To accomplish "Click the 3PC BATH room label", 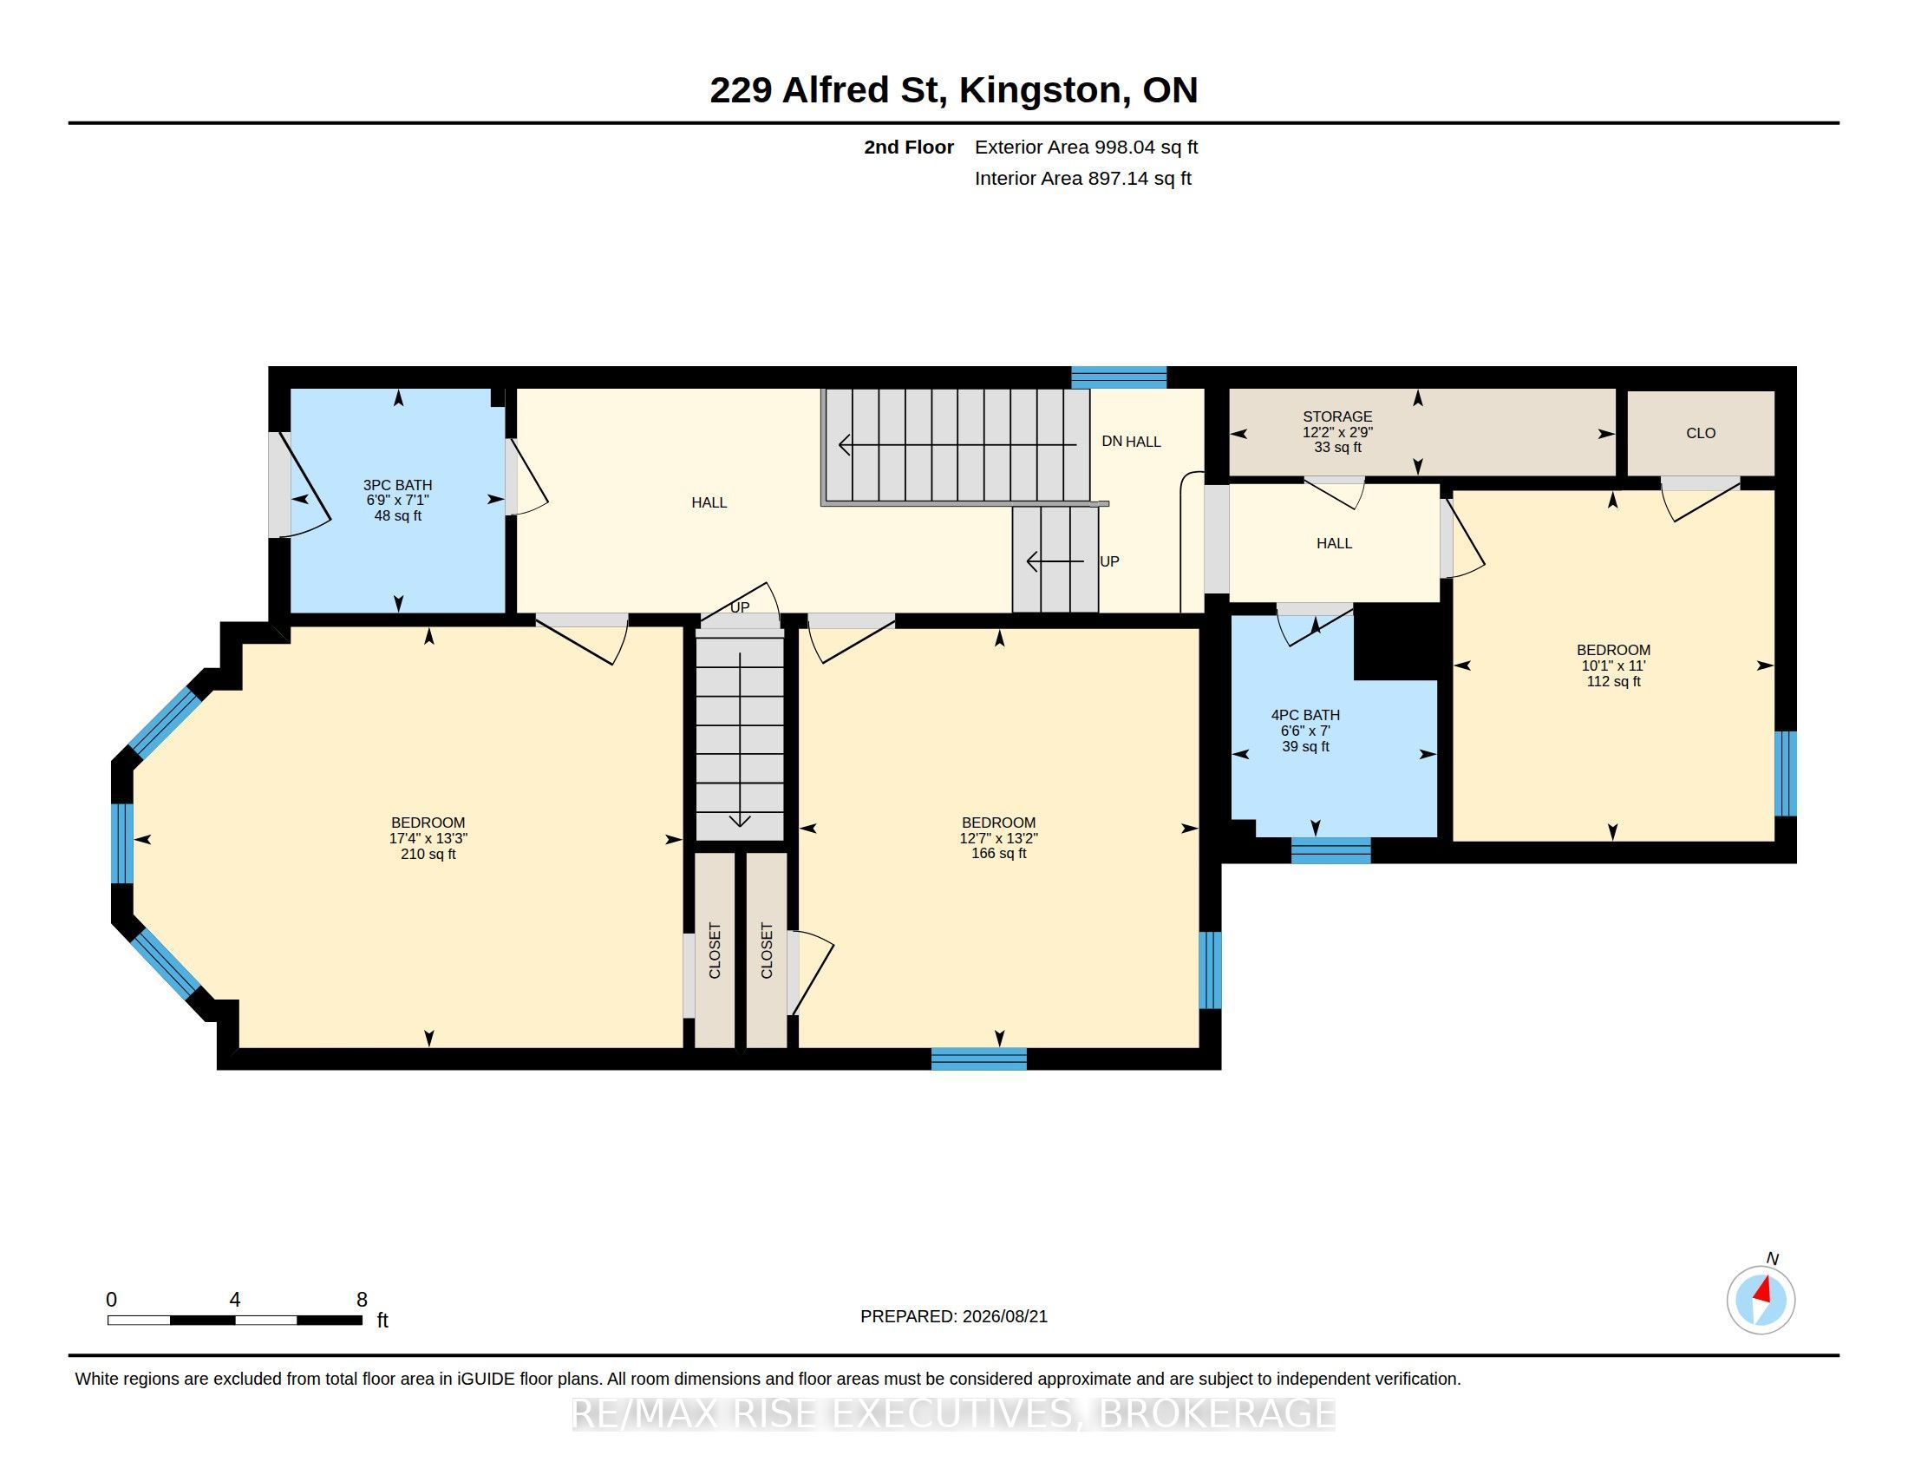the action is [397, 485].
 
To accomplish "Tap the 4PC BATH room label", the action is [1305, 715].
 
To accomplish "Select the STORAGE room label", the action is [1337, 416].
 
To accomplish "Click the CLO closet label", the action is [1701, 434].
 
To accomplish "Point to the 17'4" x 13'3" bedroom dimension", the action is [428, 838].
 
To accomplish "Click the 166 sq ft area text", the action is [998, 854].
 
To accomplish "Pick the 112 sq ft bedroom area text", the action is [1614, 682].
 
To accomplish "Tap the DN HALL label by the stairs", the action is [1131, 442].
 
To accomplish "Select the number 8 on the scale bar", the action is [362, 1300].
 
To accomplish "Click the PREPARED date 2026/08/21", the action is [1003, 1316].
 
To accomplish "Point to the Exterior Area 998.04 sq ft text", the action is [1086, 147].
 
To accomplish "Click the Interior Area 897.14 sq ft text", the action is [1082, 178].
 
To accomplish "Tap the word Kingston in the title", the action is [1040, 91].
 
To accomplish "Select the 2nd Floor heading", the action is [909, 147].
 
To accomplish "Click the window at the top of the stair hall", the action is [1119, 377].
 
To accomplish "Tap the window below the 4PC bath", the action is [1330, 850].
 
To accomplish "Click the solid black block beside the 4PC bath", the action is [1396, 641].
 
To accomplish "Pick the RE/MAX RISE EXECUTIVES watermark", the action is [954, 1413].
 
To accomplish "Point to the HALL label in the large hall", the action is [709, 502].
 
